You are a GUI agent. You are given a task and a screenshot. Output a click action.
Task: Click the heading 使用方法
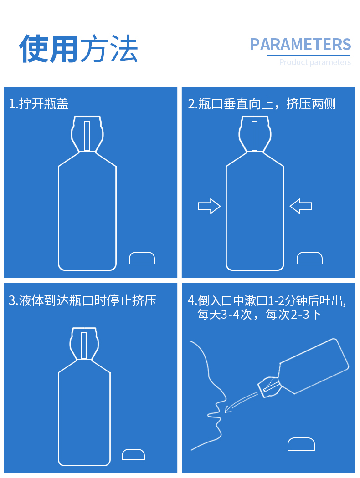pos(78,48)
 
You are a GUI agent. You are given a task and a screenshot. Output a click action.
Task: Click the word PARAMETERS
pos(300,45)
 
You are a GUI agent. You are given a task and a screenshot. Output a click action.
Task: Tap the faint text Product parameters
pos(315,62)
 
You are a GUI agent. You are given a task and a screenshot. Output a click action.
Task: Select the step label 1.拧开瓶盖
pos(38,104)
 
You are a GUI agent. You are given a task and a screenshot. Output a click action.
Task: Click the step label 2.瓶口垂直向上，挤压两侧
pos(262,104)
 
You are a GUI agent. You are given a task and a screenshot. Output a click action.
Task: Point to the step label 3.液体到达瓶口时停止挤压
pos(82,300)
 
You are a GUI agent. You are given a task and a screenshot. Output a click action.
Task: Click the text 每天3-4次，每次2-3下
pos(259,314)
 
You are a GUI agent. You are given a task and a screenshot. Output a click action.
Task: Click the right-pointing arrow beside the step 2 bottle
pos(209,206)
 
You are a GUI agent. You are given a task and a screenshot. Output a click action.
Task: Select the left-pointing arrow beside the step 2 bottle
pos(301,206)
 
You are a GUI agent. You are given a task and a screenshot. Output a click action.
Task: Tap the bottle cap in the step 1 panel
pos(142,258)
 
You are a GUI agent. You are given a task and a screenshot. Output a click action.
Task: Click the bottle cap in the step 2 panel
pos(309,258)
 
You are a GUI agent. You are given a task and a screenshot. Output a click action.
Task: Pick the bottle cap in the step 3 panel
pos(134,454)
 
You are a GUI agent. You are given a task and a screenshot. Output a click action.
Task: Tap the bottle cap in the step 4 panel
pos(301,444)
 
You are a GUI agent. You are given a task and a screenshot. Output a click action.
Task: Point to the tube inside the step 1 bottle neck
pos(87,136)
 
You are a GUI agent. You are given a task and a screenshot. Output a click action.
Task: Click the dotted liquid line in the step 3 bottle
pos(84,336)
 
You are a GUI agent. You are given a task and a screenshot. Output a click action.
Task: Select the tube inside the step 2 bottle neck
pos(254,136)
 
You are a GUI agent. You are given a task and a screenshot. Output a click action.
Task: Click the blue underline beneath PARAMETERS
pos(309,55)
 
